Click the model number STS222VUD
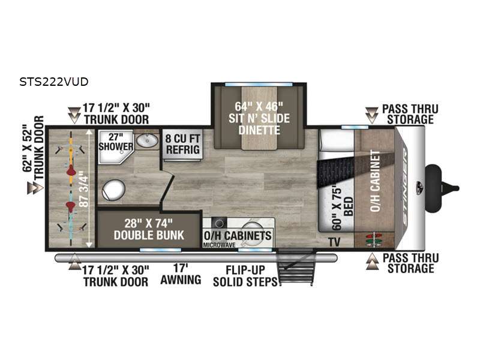click(54, 82)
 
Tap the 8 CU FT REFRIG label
click(182, 144)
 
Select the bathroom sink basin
click(146, 140)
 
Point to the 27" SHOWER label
click(116, 142)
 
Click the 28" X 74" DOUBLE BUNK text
click(149, 229)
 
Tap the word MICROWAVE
click(219, 245)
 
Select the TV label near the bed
click(335, 242)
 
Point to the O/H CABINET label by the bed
click(375, 181)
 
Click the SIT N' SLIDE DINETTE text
click(259, 124)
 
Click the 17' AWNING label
click(181, 274)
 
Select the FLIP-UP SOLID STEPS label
click(245, 276)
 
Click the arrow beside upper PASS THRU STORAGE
click(371, 115)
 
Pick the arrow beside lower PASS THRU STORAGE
click(372, 262)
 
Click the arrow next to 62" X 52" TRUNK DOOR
click(35, 188)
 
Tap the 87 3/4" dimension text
click(84, 191)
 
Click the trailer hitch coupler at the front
click(442, 188)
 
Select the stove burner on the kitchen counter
click(219, 223)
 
